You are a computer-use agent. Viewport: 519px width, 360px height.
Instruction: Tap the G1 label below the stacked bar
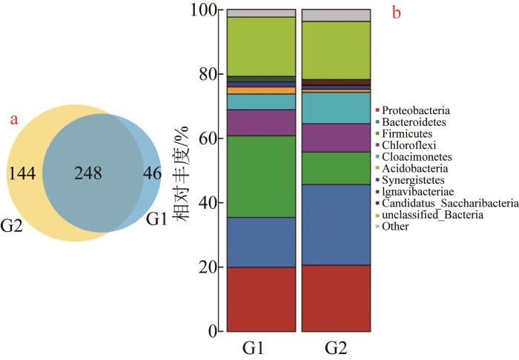pos(260,348)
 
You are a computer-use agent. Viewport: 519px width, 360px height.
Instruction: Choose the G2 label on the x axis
pos(335,348)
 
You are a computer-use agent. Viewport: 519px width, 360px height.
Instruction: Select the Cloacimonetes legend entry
pos(417,157)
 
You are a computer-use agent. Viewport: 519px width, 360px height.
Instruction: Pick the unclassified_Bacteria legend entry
pos(429,215)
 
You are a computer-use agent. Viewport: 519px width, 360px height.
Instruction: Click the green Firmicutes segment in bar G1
pos(261,176)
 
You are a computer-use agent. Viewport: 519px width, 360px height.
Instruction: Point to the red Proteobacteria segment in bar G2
pos(336,298)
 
